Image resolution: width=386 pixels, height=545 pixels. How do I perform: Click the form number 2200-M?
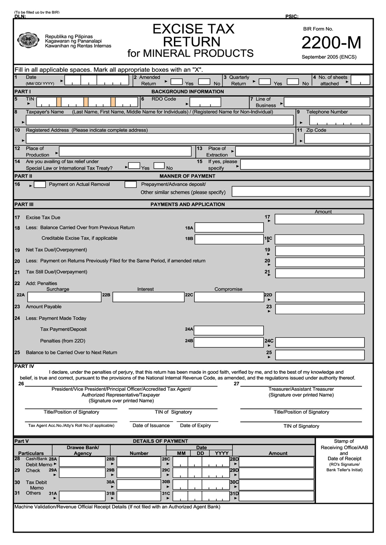tap(331, 43)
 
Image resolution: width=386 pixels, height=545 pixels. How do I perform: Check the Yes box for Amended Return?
tap(177, 82)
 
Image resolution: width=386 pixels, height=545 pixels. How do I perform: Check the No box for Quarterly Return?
tap(293, 82)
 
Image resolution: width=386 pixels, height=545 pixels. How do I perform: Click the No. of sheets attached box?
tap(360, 80)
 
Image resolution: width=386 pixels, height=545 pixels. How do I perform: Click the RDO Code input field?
tap(205, 102)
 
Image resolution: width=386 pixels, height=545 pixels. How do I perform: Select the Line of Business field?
tap(326, 102)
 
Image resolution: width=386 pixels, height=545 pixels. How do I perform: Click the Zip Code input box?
tap(337, 139)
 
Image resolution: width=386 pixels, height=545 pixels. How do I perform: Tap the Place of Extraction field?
tap(302, 151)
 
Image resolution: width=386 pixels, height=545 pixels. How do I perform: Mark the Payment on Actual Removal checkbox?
tap(40, 185)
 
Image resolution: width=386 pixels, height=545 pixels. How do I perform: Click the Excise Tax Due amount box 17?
tap(319, 219)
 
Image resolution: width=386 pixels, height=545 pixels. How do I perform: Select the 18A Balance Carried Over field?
tap(229, 228)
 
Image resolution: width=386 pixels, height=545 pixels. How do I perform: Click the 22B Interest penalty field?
tap(148, 297)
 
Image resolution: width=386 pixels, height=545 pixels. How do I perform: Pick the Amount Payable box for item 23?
tap(319, 309)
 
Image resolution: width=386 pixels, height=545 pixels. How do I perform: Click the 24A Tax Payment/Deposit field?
tap(228, 331)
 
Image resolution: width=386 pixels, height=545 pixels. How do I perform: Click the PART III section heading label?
tap(24, 204)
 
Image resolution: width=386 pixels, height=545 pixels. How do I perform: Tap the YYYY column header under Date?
tap(221, 453)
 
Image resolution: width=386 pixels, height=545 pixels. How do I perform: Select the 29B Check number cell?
tap(139, 473)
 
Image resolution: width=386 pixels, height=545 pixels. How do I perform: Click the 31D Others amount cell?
tap(276, 496)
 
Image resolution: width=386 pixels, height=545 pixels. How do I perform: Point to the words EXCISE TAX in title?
tap(193, 29)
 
